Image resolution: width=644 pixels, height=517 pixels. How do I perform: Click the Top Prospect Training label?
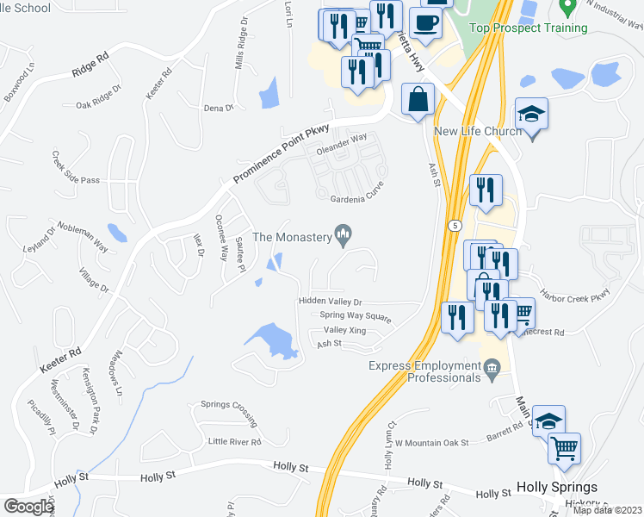[529, 28]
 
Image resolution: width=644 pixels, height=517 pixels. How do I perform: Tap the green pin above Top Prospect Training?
[567, 7]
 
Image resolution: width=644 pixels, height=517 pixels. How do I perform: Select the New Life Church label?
[478, 131]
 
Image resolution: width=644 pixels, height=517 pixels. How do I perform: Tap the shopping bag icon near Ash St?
[418, 98]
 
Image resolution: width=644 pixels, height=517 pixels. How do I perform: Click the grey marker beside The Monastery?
[344, 233]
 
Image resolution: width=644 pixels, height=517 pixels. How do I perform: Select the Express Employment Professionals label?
[426, 371]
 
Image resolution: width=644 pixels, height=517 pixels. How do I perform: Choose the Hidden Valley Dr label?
[330, 302]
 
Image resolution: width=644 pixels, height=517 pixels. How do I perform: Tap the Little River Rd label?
[234, 441]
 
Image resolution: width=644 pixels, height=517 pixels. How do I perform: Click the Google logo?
[28, 507]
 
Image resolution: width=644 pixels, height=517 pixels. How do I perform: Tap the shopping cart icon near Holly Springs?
[565, 447]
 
